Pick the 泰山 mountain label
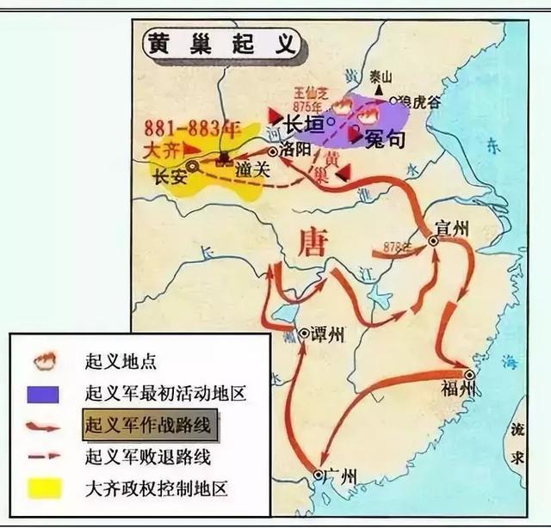tap(380, 74)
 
